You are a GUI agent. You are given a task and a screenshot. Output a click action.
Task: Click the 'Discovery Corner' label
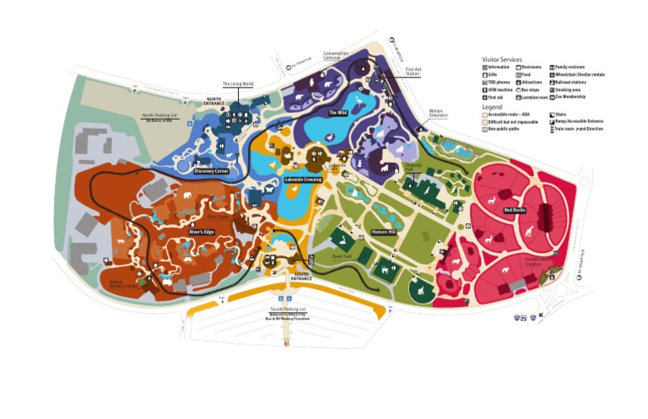tap(211, 171)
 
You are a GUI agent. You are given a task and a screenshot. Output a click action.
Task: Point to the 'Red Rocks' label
tap(516, 210)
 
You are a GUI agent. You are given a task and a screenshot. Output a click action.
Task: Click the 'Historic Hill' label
tap(384, 232)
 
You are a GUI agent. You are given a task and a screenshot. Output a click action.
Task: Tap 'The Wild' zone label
tap(337, 112)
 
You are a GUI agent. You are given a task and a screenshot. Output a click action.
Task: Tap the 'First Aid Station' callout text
tap(413, 72)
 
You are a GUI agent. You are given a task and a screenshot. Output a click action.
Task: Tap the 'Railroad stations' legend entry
tap(571, 81)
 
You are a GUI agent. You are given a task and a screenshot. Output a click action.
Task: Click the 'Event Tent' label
tap(341, 255)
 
